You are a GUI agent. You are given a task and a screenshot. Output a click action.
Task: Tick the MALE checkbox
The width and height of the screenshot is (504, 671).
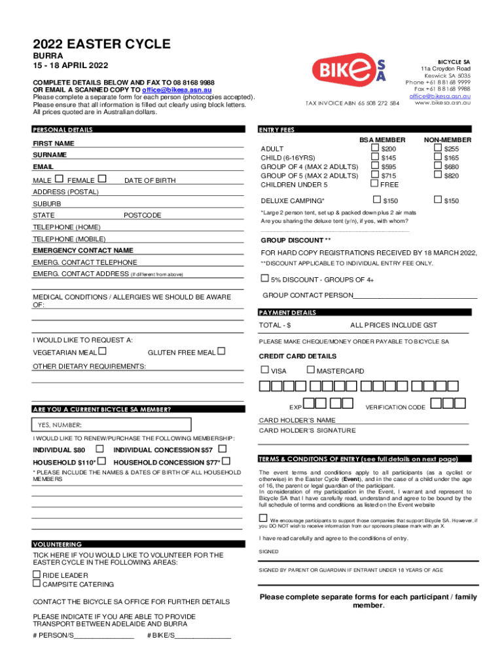click(x=60, y=179)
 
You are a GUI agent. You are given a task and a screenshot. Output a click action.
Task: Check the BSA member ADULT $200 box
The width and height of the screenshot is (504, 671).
click(x=375, y=149)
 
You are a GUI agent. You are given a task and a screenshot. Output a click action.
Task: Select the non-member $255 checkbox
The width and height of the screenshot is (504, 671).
click(x=437, y=149)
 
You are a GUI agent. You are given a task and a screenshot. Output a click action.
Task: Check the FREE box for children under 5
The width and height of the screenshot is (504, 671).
click(x=375, y=184)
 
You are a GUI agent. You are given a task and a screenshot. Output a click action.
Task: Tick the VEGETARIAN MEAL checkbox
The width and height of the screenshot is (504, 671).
click(x=103, y=352)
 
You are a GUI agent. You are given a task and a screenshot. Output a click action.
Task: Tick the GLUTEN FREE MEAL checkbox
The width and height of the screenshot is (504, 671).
click(x=221, y=352)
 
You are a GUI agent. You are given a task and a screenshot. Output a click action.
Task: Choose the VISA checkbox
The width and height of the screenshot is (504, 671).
click(x=264, y=370)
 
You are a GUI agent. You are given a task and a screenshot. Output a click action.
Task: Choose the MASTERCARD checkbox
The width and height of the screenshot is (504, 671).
click(x=310, y=370)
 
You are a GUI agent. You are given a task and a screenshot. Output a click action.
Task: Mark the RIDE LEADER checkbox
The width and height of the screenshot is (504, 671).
click(x=37, y=574)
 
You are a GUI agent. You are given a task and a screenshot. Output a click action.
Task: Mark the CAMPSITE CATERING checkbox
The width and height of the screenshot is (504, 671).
click(x=37, y=583)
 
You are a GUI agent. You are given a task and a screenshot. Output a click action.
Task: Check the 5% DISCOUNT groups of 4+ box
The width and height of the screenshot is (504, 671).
click(x=265, y=277)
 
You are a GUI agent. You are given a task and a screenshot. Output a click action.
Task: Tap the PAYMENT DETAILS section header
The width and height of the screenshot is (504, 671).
click(x=288, y=313)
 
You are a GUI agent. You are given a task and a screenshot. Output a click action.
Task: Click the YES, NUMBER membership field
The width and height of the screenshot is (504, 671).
click(x=112, y=425)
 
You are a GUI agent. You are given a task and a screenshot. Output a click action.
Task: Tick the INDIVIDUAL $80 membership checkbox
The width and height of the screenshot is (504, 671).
click(x=99, y=450)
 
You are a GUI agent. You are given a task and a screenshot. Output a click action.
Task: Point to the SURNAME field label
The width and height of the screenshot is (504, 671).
click(x=50, y=155)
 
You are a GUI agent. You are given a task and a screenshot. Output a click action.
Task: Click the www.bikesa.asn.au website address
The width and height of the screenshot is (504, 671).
click(x=442, y=103)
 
